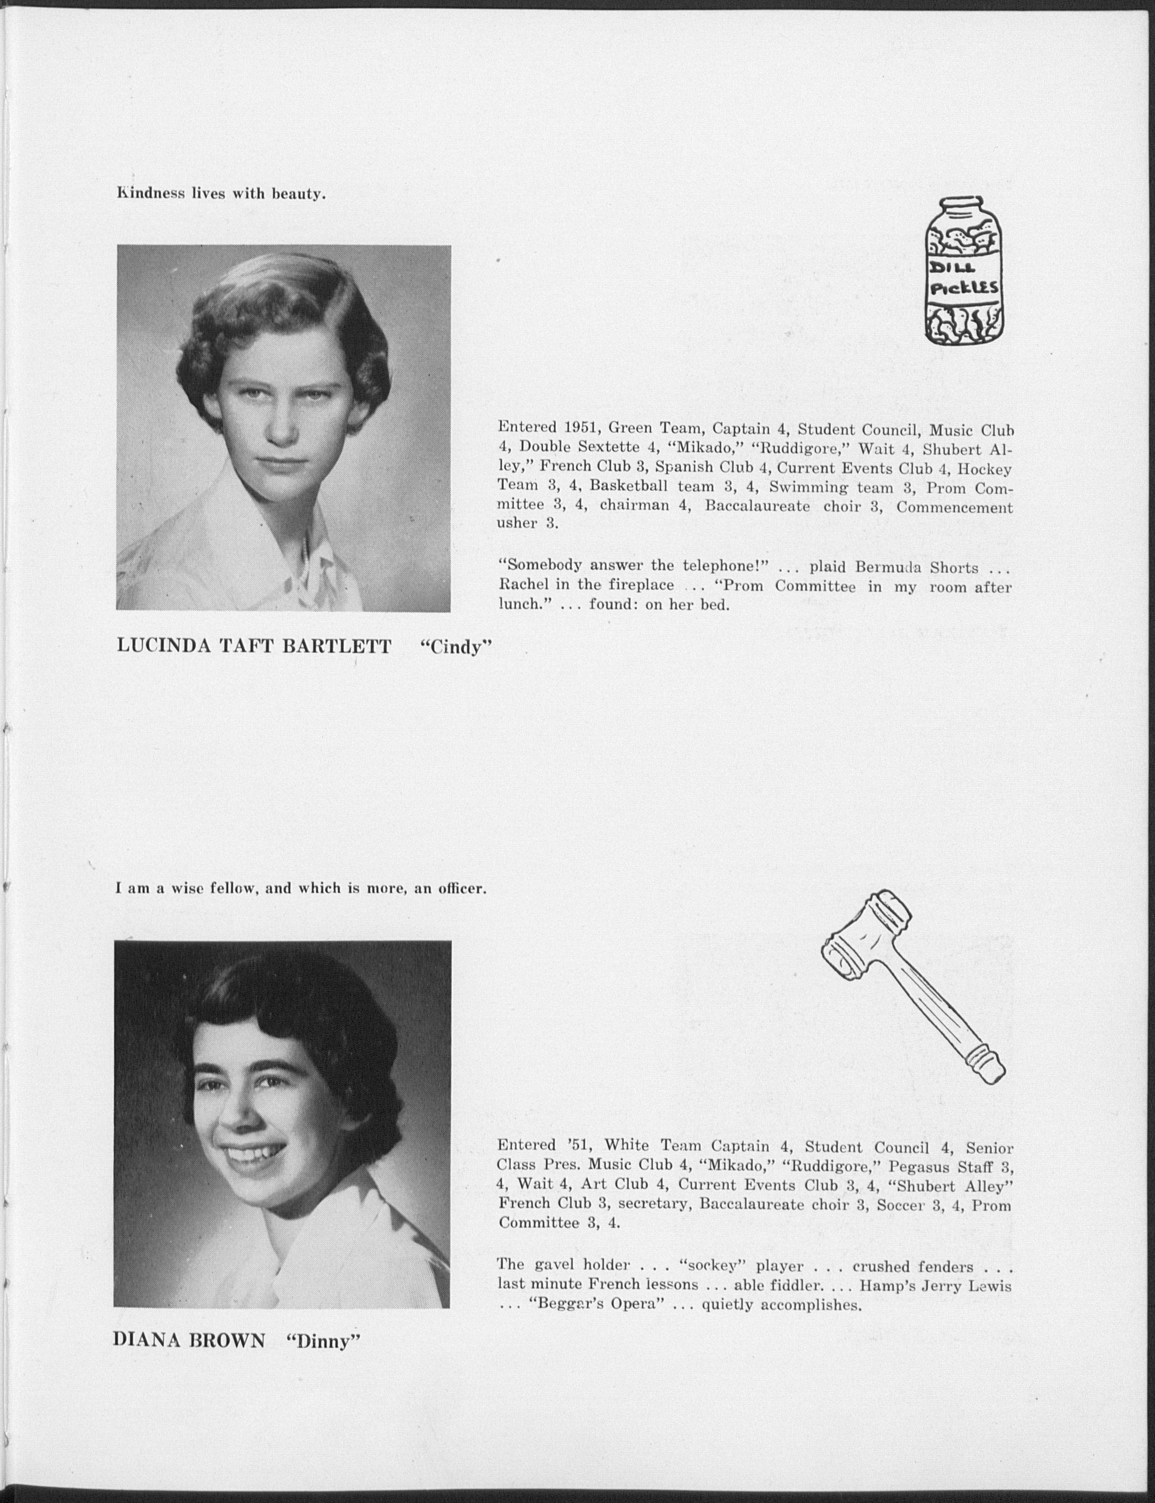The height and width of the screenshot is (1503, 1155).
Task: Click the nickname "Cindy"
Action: tap(457, 647)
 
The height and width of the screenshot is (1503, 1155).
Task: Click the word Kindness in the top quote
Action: tap(150, 194)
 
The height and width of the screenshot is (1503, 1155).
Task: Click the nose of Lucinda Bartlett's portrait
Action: tap(282, 431)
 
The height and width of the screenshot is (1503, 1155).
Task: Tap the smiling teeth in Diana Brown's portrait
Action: tap(258, 1155)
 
